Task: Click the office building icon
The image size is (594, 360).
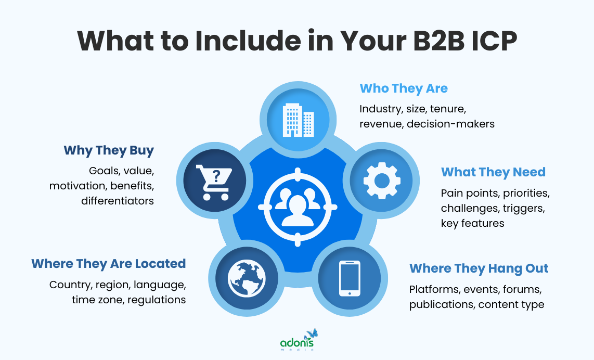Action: click(298, 120)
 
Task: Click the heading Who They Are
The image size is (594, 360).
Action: click(404, 88)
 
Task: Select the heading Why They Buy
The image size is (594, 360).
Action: click(109, 151)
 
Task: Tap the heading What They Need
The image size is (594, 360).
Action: click(493, 172)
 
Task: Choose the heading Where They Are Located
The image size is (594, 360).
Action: click(108, 264)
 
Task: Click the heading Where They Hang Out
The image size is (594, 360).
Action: click(479, 268)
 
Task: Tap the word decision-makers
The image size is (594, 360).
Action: click(450, 124)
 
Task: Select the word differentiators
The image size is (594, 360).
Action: click(118, 200)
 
